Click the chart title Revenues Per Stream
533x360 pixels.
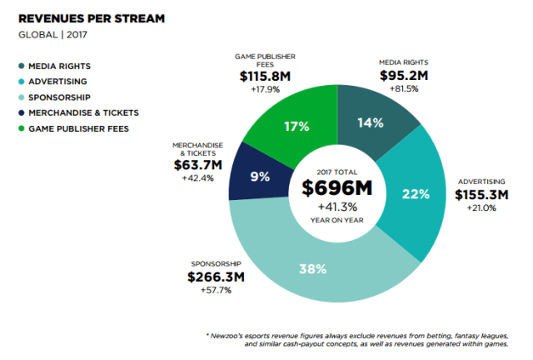(92, 17)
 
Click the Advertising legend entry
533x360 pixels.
(59, 81)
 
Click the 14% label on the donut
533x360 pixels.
(371, 123)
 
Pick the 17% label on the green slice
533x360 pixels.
(298, 126)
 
